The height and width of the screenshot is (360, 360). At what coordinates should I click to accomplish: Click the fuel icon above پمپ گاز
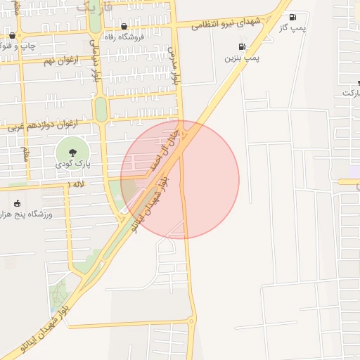click(292, 18)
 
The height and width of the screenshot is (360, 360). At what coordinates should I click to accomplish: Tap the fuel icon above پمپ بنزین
click(243, 47)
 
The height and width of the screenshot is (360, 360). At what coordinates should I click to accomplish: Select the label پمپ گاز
click(294, 28)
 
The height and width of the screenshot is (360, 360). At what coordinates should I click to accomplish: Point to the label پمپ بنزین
click(242, 58)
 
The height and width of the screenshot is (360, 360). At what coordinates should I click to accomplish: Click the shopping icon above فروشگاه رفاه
click(124, 26)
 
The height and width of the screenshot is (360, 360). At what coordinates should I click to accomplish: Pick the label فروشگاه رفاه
click(124, 37)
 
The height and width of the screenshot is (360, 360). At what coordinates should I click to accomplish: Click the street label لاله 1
click(75, 184)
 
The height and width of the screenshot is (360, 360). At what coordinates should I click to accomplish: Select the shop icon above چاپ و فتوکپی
click(13, 35)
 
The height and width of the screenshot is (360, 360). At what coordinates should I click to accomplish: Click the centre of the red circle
click(180, 179)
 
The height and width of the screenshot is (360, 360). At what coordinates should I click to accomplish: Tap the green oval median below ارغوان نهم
click(101, 109)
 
